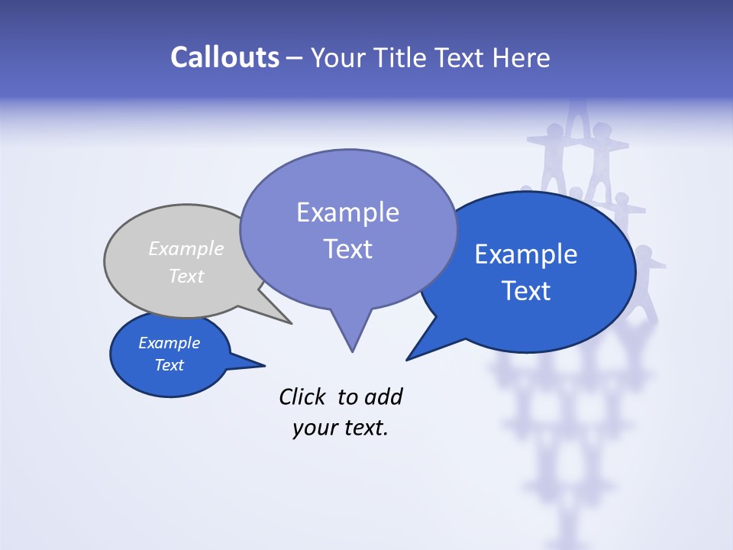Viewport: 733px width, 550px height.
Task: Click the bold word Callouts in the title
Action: pos(224,57)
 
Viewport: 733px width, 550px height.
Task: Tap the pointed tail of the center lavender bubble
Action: pos(351,336)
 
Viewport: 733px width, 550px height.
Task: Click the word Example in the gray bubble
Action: pos(186,249)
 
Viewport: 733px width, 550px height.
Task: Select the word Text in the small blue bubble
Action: pos(169,365)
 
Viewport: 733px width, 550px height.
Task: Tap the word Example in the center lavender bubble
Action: pos(347,212)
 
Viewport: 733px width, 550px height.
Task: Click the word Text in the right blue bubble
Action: pos(526,291)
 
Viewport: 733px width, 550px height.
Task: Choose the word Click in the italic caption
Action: pos(303,396)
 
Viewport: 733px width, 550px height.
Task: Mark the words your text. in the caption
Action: pos(340,429)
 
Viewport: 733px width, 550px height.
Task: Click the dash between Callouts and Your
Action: pos(293,58)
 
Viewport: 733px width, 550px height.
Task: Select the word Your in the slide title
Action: pos(338,57)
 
